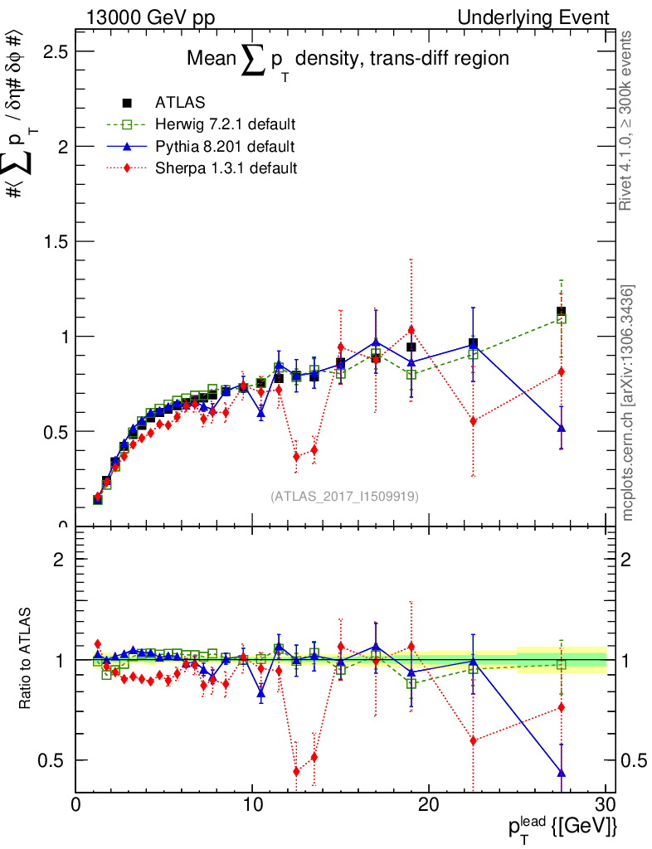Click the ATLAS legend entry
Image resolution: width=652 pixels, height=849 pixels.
coord(179,103)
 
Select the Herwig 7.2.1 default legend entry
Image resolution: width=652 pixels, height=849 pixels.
coord(225,124)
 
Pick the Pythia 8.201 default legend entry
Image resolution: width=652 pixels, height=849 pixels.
coord(224,147)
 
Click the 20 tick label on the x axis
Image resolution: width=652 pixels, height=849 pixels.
coord(428,804)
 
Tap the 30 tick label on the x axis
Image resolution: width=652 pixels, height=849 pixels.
coord(605,804)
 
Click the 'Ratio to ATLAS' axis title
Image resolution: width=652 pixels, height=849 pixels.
coord(25,659)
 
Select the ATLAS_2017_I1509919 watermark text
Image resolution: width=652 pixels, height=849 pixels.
coord(344,497)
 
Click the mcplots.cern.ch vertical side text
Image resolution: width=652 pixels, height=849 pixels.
coord(628,403)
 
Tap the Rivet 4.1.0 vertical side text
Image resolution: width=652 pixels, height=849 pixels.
coord(628,121)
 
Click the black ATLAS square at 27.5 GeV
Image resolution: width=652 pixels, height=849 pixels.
coord(562,313)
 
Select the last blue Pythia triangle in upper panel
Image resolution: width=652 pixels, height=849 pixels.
coord(562,428)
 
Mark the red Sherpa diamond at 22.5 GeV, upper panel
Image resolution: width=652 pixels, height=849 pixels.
coord(473,421)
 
